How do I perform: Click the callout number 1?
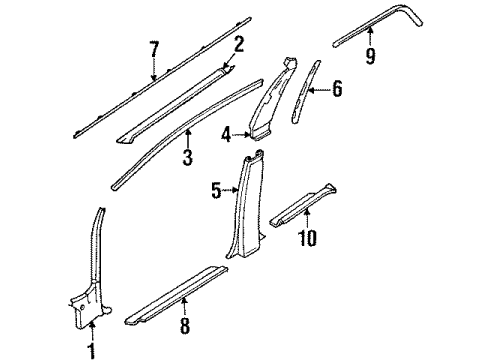click(92, 349)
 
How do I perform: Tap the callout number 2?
click(238, 43)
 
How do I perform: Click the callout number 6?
click(336, 91)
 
